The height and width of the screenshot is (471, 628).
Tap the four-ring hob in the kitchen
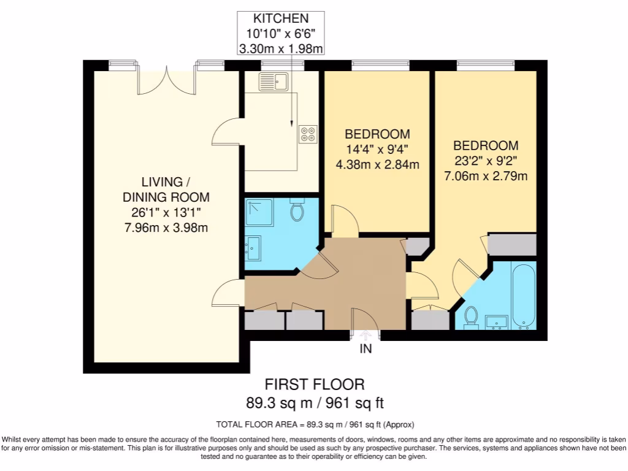308,134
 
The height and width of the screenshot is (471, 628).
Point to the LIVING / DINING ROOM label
166,190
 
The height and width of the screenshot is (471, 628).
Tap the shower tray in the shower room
260,212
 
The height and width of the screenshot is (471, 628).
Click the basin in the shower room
253,248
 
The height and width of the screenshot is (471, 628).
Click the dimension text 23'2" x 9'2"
485,161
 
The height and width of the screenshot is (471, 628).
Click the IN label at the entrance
366,350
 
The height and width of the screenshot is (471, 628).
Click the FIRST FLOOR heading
314,385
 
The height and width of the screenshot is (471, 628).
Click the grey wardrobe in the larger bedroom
511,244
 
